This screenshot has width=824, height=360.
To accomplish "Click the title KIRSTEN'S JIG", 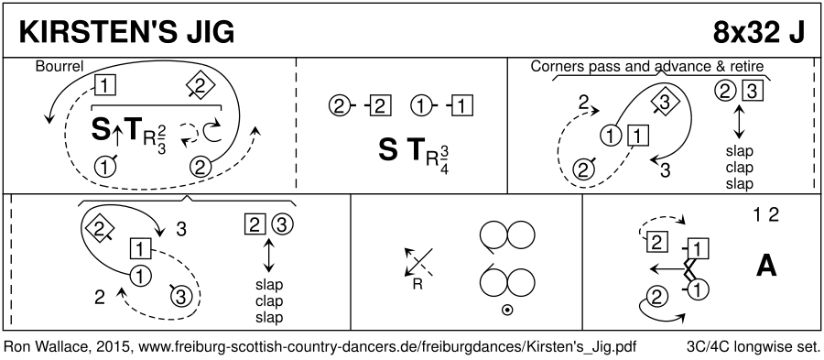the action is tap(126, 34).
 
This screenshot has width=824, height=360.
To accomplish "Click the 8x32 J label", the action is tap(758, 34).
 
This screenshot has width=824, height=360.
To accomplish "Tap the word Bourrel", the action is tap(60, 67).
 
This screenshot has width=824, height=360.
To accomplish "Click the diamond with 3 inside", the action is tap(664, 104).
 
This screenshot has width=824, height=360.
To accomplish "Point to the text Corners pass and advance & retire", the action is tap(647, 66).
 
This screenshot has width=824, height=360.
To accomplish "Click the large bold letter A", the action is tap(766, 267).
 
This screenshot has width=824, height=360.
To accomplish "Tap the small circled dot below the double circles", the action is tap(507, 311).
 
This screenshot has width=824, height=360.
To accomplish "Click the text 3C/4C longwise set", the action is tap(753, 347).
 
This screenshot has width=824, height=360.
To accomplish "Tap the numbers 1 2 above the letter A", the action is tap(765, 215).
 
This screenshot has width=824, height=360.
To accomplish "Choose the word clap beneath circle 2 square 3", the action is tap(739, 168).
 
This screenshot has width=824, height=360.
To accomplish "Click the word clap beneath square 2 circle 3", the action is tap(268, 301).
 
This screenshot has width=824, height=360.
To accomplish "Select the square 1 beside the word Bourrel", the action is tap(105, 85).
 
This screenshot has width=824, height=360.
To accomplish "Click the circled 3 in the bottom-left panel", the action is tap(179, 297).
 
